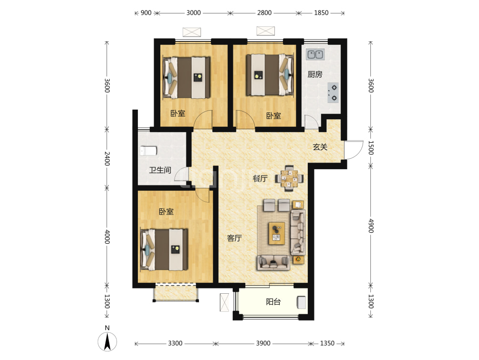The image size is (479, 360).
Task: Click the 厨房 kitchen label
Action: pos(315,74)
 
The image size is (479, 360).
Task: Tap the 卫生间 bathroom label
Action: pos(160,170)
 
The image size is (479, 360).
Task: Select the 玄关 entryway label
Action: pos(320,147)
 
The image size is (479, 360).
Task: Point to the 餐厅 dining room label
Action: pos(260,178)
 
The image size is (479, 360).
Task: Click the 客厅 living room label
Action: pos(234,238)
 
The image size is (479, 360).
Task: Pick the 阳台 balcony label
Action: pos(273,302)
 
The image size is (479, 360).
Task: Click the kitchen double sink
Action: pos(315,55)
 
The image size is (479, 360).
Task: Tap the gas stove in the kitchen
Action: pos(333,93)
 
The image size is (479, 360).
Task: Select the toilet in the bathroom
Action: pos(148,151)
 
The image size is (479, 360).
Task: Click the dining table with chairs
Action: pos(289,178)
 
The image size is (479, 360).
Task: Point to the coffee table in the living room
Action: pos(277,233)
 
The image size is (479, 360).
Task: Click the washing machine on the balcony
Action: pos(302,302)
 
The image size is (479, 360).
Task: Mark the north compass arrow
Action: pos(107,341)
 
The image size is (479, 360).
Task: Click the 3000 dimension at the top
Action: pos(193,13)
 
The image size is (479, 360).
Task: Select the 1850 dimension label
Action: pos(321,13)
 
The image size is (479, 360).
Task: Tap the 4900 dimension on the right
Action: pos(371,226)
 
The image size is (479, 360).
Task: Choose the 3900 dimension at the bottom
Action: pos(263,343)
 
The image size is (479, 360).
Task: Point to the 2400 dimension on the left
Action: pos(107,158)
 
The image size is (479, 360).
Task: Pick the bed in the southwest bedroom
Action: pos(164,249)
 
